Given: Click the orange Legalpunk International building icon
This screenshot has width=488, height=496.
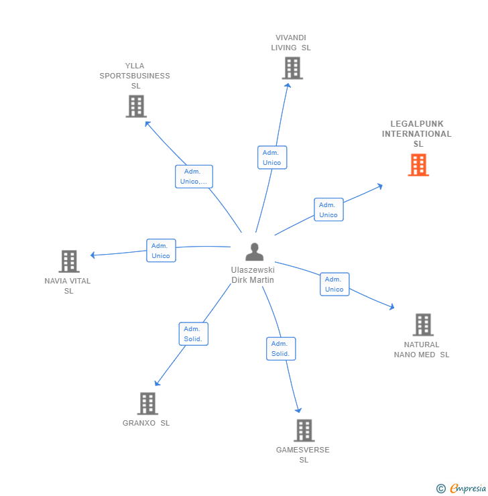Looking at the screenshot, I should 418,165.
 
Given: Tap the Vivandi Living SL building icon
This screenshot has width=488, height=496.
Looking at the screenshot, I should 292,68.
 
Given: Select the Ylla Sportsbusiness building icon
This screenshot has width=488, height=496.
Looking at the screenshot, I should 136,107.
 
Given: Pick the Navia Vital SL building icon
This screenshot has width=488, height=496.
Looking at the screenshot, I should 69,261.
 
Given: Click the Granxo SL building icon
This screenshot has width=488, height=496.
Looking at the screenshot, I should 147,404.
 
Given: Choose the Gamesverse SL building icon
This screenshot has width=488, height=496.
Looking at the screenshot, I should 304,430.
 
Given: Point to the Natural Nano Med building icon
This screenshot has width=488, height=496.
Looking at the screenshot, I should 423,325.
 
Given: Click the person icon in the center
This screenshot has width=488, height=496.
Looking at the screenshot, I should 254,252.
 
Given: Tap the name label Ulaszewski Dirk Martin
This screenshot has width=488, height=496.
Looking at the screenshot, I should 253,275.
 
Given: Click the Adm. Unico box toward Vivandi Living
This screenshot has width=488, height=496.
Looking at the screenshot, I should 272,158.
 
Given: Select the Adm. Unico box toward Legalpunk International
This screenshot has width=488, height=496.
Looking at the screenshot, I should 328,210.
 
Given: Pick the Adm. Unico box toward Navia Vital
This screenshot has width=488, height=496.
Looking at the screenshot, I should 161,251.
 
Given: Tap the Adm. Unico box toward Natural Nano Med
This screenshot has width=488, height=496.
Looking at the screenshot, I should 334,284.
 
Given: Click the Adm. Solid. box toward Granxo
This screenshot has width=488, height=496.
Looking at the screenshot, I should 193,334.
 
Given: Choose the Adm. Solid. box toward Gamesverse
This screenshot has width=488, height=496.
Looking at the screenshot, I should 280,349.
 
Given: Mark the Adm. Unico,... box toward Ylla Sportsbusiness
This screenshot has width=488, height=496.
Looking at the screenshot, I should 194,176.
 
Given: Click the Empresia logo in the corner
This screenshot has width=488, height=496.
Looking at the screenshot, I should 467,489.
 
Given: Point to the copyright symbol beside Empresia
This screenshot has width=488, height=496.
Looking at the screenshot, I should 440,489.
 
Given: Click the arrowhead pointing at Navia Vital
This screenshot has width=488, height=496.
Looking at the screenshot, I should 93,255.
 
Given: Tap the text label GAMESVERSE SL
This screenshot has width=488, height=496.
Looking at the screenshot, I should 303,454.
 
